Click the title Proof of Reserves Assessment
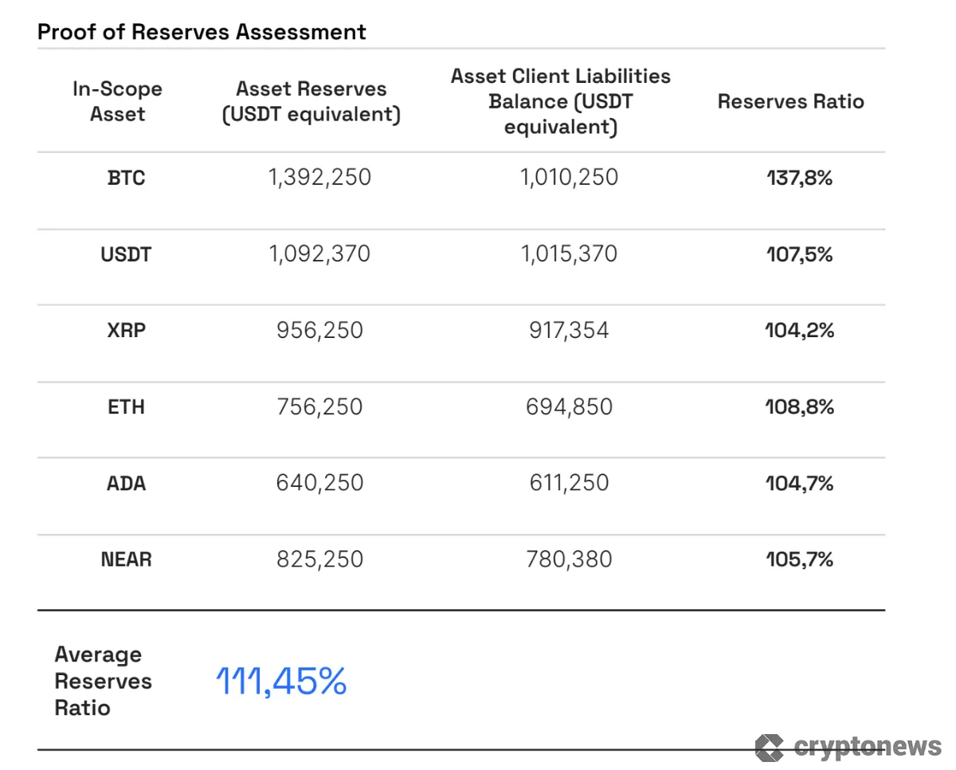tap(202, 32)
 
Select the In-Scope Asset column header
tap(117, 101)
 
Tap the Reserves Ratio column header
tap(790, 101)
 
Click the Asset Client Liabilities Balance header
tap(560, 101)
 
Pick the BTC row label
tap(126, 177)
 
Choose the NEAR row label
tap(126, 560)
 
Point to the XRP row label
tap(126, 330)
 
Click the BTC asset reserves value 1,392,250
tap(319, 177)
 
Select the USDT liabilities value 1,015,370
tap(569, 254)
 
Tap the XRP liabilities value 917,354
tap(569, 330)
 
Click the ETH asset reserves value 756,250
tap(319, 407)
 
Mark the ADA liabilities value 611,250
tap(569, 483)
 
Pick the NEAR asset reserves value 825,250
tap(319, 560)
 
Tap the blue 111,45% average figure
tap(281, 682)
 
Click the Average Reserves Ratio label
tap(103, 682)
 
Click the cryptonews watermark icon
tap(770, 747)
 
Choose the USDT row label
tap(126, 254)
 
